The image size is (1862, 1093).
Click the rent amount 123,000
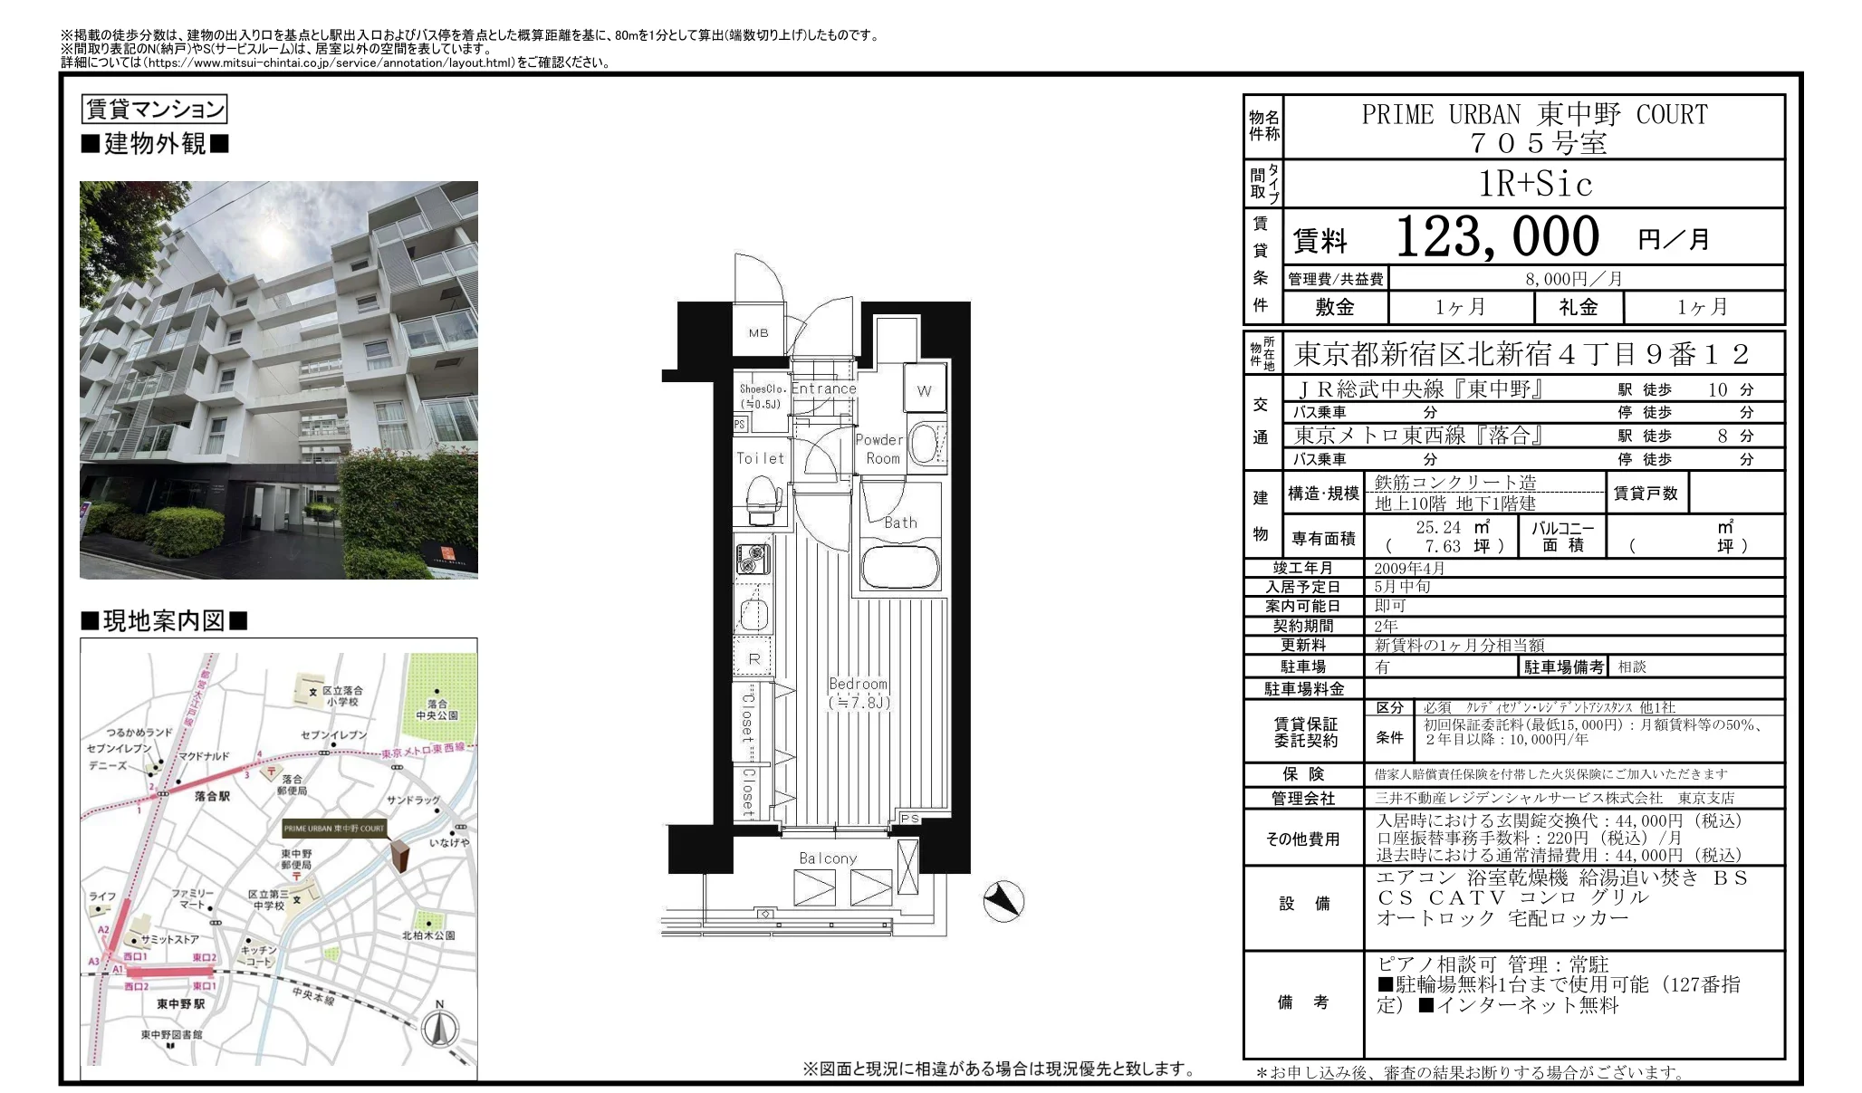click(x=1497, y=237)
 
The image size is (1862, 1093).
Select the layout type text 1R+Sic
click(x=1535, y=184)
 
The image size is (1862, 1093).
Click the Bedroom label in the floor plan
click(x=858, y=685)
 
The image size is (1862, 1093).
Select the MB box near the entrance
click(x=758, y=332)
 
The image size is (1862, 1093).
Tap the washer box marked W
click(x=924, y=391)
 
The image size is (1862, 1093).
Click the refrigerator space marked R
click(x=753, y=659)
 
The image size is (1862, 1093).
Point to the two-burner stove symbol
click(x=752, y=559)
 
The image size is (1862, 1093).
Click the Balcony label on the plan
click(x=827, y=858)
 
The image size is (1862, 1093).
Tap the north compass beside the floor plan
click(x=1003, y=901)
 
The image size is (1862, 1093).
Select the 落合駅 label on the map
click(x=212, y=796)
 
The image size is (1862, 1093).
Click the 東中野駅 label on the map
click(x=180, y=1003)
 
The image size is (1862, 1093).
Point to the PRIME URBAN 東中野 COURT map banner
click(x=333, y=828)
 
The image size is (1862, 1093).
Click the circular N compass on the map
click(x=440, y=1029)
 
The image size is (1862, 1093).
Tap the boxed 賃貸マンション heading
click(x=154, y=110)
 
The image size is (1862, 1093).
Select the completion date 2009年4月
click(x=1409, y=568)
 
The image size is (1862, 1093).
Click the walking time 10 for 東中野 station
click(x=1717, y=389)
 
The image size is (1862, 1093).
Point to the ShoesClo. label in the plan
click(x=761, y=388)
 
